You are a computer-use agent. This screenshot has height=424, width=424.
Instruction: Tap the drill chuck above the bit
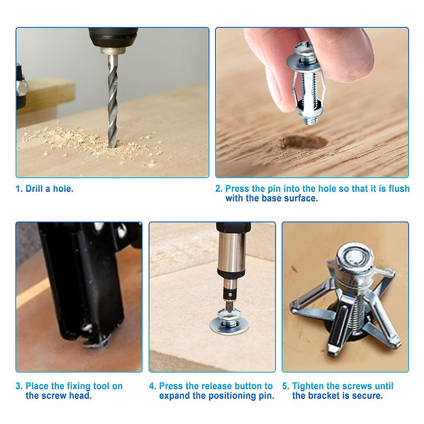pyautogui.click(x=112, y=40)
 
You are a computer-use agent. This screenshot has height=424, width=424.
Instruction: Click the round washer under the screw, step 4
pyautogui.click(x=229, y=325)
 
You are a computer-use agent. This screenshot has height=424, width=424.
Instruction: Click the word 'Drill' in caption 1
pyautogui.click(x=37, y=189)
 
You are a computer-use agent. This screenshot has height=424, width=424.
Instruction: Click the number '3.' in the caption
pyautogui.click(x=19, y=386)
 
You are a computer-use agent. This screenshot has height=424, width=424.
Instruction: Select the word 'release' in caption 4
pyautogui.click(x=218, y=386)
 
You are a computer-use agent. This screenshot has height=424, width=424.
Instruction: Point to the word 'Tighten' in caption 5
pyautogui.click(x=310, y=386)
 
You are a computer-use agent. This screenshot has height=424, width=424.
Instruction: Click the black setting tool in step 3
pyautogui.click(x=85, y=281)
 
